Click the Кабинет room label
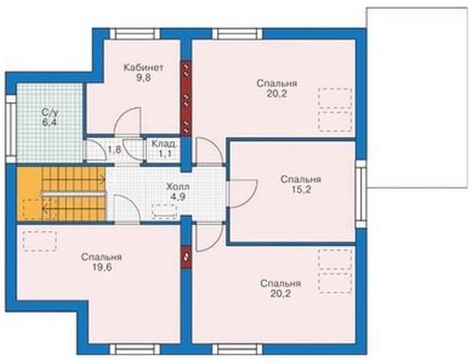(x=143, y=68)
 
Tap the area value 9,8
(x=143, y=78)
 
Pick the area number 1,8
(x=115, y=149)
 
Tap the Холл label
(x=178, y=187)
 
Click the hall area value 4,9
(x=178, y=197)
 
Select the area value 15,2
(x=301, y=190)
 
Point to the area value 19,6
(x=101, y=267)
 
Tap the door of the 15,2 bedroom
(x=243, y=193)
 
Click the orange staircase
(x=62, y=193)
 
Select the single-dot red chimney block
(x=186, y=258)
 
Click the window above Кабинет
(x=134, y=33)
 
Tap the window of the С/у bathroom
(x=11, y=130)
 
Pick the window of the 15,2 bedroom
(x=361, y=194)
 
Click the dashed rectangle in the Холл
(x=164, y=212)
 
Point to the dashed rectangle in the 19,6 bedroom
(x=40, y=242)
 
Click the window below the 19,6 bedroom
(x=134, y=350)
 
